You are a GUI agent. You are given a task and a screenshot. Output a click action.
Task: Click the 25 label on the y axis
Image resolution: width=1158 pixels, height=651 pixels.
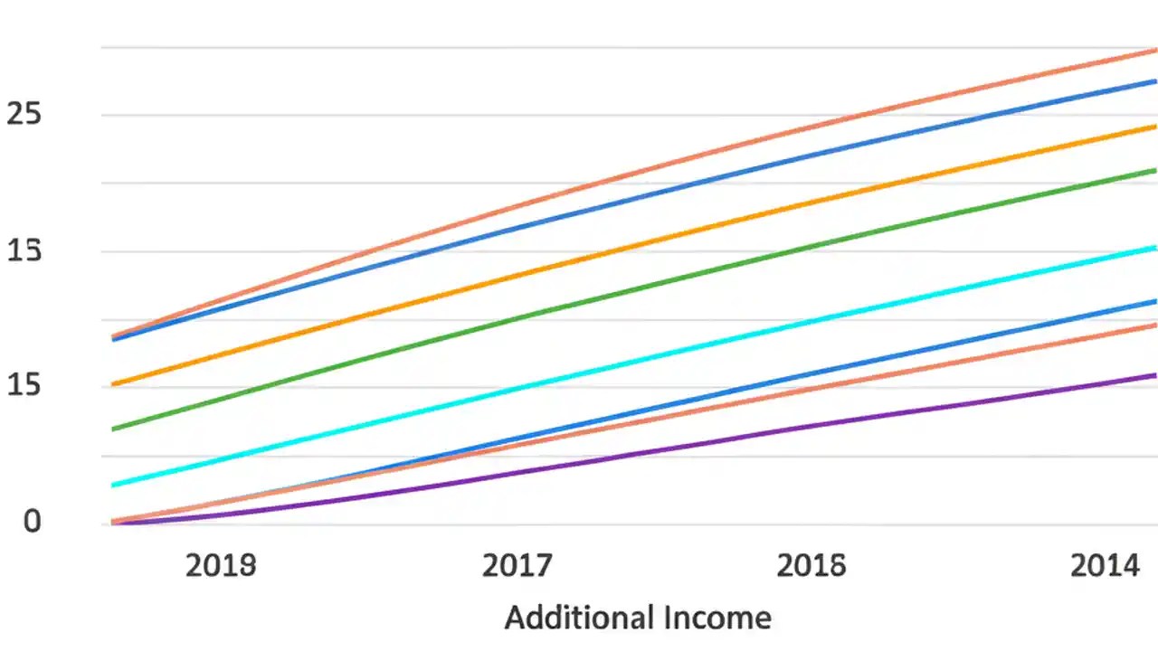(x=25, y=114)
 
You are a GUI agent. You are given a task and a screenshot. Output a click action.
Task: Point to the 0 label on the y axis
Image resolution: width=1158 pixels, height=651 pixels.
(x=33, y=522)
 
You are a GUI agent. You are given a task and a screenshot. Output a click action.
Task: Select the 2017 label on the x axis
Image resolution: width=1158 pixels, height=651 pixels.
(x=517, y=566)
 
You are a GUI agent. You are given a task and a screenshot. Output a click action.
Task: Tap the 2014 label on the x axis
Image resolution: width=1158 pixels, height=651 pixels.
(x=1106, y=566)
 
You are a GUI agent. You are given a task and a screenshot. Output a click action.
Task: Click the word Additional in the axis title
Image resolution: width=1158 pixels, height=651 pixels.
(x=578, y=618)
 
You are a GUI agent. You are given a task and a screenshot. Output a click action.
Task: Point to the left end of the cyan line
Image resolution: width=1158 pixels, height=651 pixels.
(x=113, y=486)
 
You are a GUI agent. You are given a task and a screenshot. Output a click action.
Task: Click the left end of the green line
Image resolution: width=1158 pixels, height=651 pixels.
(x=113, y=429)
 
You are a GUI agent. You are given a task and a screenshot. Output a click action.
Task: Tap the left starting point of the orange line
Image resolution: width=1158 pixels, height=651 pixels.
(x=113, y=385)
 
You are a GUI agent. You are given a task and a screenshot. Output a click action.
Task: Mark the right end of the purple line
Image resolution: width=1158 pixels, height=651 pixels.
(x=1154, y=375)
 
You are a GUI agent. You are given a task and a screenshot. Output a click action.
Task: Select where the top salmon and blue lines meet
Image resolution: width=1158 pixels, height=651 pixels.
(x=114, y=338)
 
